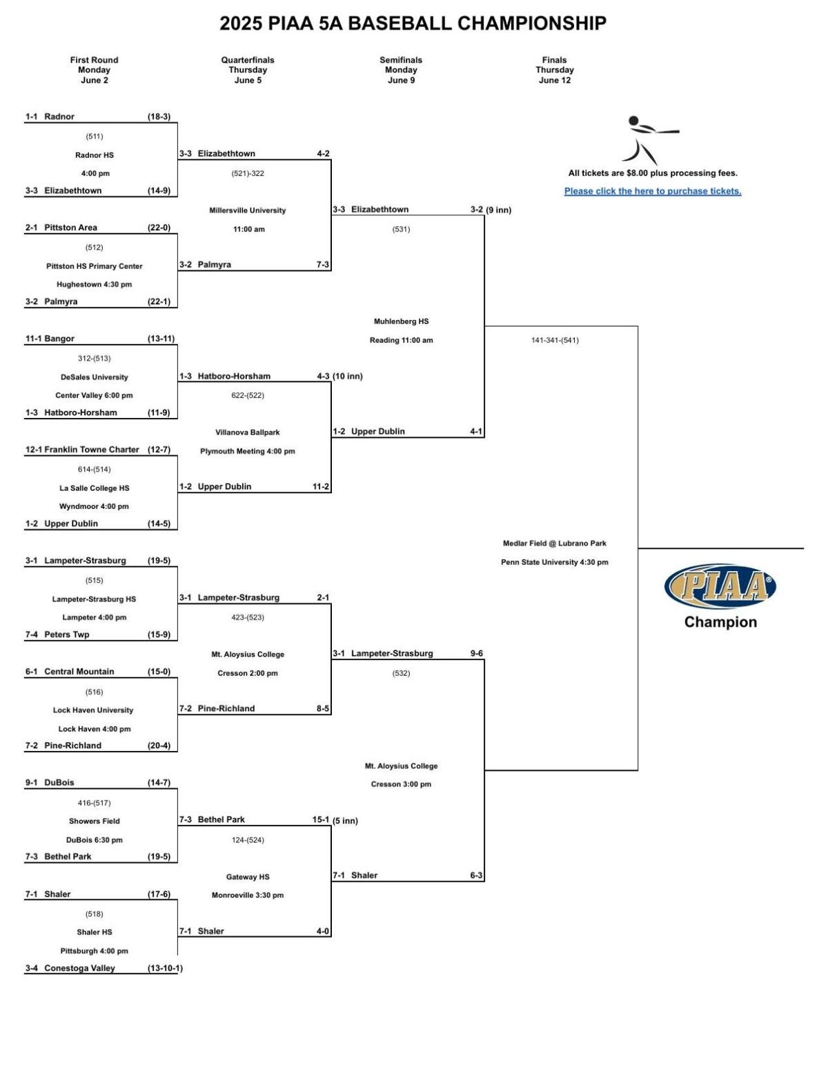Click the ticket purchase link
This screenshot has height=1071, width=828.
652,191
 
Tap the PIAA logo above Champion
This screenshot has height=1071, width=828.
720,587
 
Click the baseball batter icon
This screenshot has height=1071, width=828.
649,140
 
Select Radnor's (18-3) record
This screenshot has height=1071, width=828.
159,117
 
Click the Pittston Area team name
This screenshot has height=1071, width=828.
70,228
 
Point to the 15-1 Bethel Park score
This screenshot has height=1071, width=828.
321,820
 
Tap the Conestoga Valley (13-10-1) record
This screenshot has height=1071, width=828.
164,968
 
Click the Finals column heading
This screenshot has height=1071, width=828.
554,70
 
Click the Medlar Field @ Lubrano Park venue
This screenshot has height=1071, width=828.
554,543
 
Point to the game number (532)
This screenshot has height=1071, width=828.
401,673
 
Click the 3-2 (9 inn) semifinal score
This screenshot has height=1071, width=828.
491,210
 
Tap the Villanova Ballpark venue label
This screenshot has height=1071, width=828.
248,432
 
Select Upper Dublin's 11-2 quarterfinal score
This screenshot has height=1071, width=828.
321,487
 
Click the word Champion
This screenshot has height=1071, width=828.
720,622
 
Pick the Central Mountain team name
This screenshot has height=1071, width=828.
79,672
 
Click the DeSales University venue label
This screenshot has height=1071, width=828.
95,377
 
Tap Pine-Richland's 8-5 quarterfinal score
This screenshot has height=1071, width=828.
323,708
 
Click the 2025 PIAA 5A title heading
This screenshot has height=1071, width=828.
413,23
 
